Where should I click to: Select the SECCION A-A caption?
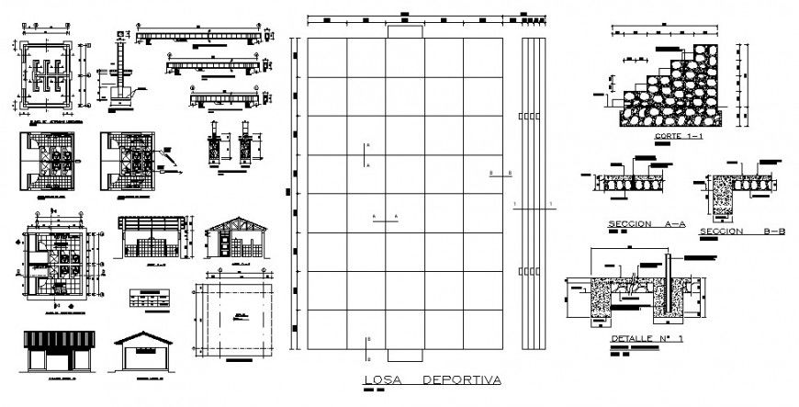coord(642,223)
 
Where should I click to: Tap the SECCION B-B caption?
coord(742,231)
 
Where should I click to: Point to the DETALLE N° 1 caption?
coord(646,339)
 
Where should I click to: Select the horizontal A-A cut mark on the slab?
coord(384,217)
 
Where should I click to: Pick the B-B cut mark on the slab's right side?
coord(501,173)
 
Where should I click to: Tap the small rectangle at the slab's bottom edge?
coord(404,355)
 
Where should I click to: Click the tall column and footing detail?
coord(120,73)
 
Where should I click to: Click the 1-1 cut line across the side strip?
coord(533,208)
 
